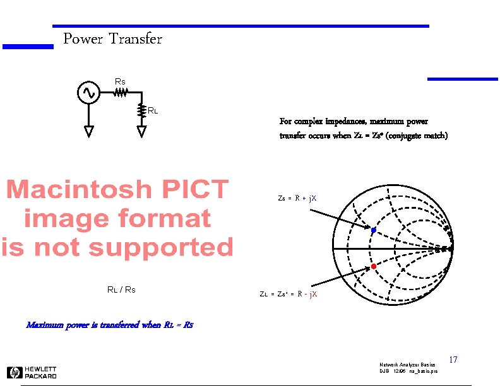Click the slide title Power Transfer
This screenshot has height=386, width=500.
pos(112,39)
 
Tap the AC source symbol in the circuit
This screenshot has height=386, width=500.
pos(86,93)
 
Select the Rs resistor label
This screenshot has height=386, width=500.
pos(119,81)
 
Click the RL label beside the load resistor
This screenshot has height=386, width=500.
pos(152,111)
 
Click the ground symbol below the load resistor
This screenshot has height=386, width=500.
pos(141,131)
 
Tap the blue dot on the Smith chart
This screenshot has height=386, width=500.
pos(373,230)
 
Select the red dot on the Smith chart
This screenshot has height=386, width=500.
pos(373,267)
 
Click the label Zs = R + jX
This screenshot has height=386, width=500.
pos(297,198)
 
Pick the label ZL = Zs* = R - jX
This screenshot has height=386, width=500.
pos(289,294)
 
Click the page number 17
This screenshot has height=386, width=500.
pos(453,360)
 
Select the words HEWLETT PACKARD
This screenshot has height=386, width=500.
pos(41,372)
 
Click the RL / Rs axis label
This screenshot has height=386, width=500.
pos(121,290)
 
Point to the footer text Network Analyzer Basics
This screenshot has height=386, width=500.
pos(407,365)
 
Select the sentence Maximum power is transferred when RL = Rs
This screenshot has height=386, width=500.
pos(109,325)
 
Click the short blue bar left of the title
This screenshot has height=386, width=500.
pos(28,46)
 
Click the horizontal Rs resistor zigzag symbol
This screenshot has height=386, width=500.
pos(121,93)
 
